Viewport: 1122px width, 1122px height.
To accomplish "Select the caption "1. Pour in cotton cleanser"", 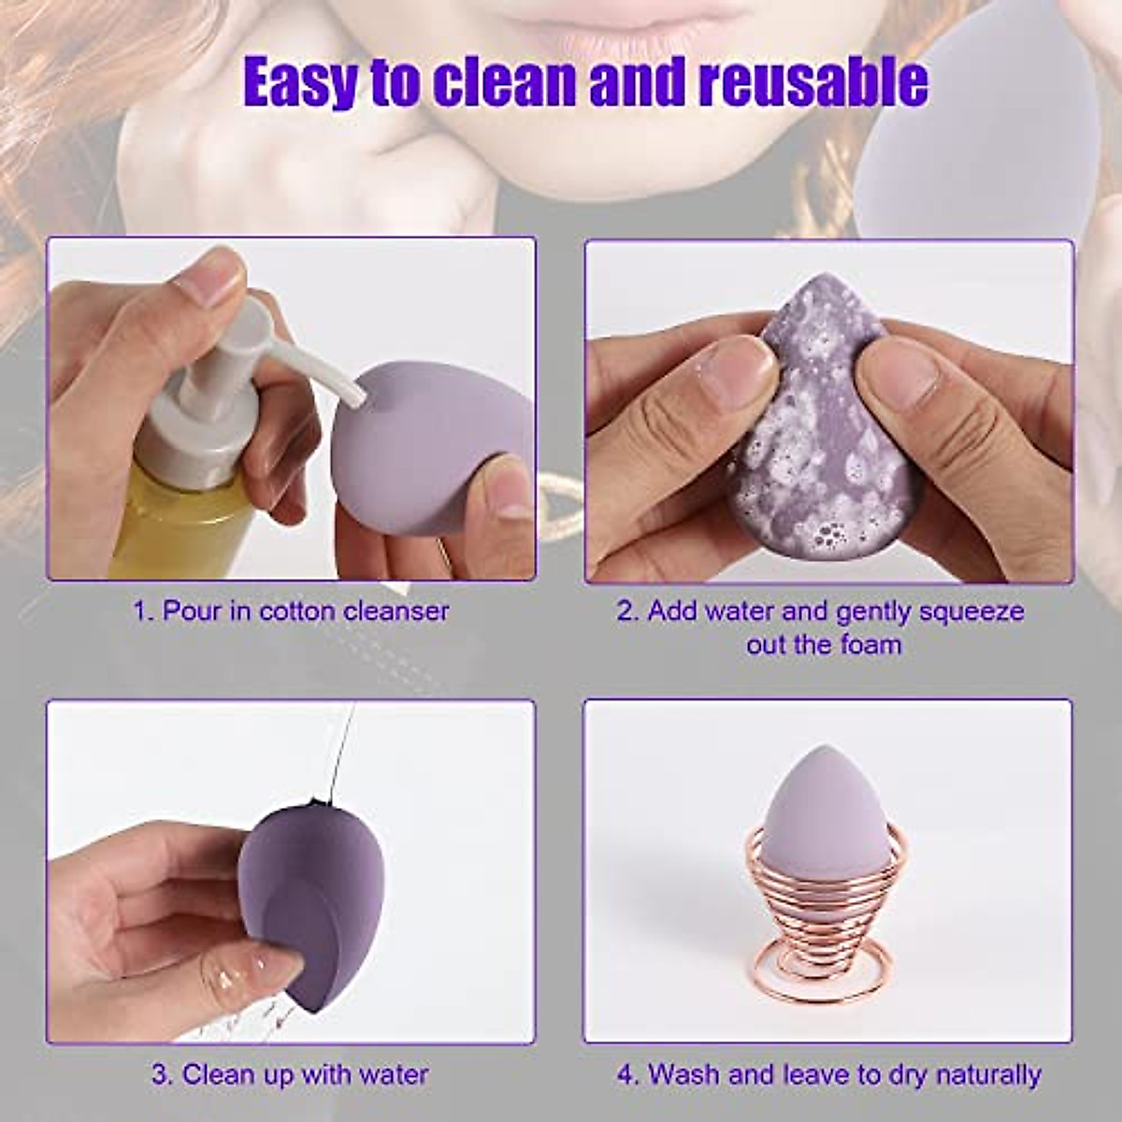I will click(291, 611).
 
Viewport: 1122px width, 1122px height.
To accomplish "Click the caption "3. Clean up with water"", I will click(291, 1073).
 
